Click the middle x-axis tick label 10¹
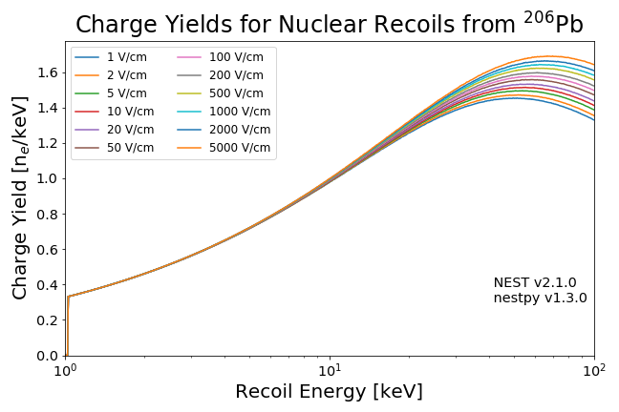(x=330, y=370)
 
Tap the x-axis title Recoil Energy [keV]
(x=329, y=392)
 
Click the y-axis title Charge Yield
(x=20, y=198)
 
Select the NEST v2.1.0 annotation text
(x=540, y=283)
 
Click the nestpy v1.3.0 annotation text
(x=540, y=299)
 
